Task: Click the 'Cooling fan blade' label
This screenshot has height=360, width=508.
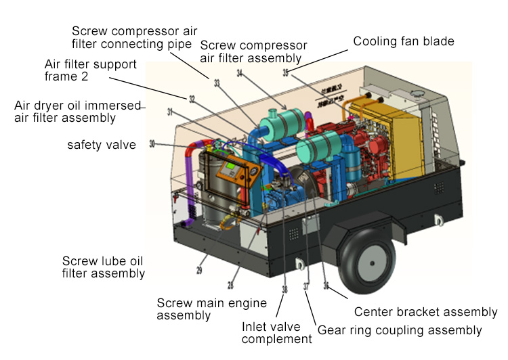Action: tap(403, 41)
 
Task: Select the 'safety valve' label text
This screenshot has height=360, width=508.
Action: tap(101, 145)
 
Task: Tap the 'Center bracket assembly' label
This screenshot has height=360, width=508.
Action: tap(426, 312)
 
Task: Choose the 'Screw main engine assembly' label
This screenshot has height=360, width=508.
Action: tap(211, 309)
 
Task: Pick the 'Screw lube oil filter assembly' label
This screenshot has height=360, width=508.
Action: tap(104, 267)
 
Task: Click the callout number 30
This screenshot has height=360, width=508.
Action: tap(152, 143)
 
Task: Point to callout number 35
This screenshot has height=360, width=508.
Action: tap(285, 72)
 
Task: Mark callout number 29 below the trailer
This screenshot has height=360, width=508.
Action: tap(200, 270)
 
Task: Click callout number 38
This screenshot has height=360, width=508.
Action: tap(284, 289)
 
